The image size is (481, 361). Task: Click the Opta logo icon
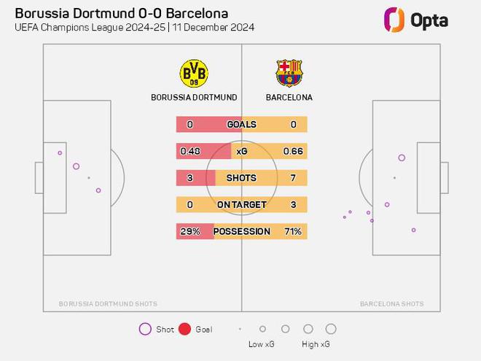pos(394,20)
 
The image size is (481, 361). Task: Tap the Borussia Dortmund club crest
pos(194,74)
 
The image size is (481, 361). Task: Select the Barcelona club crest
pos(289,73)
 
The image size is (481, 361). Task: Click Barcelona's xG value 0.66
pos(293,151)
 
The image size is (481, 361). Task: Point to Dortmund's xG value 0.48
pos(190,151)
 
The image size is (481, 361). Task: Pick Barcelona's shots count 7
pos(293,178)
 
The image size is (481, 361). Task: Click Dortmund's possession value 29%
pos(190,231)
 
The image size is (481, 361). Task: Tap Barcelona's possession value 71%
pos(293,231)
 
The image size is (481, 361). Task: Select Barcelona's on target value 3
pos(293,204)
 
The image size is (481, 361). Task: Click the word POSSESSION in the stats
pos(242,231)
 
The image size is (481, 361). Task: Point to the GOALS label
pos(242,124)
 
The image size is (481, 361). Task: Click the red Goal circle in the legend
pos(184,329)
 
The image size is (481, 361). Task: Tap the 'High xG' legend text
pos(316,344)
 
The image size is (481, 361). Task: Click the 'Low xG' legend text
pos(262,344)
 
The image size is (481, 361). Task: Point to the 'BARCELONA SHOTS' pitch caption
pos(392,303)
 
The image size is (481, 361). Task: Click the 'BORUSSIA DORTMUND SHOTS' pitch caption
pos(108,303)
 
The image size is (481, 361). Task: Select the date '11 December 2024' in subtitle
pos(214,27)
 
